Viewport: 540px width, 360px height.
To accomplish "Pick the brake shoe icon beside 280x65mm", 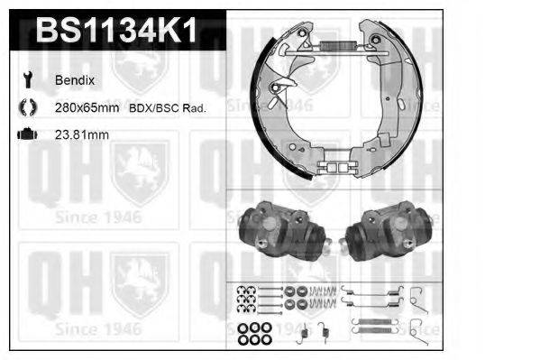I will pyautogui.click(x=26, y=107).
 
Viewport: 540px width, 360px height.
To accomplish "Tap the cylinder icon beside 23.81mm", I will pyautogui.click(x=26, y=134).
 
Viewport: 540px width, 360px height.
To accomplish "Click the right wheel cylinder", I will pyautogui.click(x=389, y=230).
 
